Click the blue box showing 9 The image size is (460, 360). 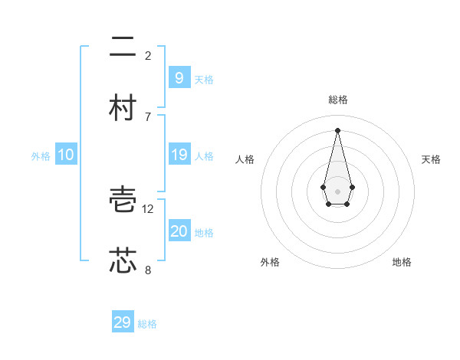[x=179, y=77]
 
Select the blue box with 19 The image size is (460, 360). [x=179, y=155]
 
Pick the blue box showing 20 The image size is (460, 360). [x=179, y=231]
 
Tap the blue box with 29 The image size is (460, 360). [x=123, y=322]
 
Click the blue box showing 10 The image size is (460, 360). [x=66, y=155]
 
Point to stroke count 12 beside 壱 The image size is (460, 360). [x=149, y=208]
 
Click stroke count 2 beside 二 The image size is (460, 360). [x=148, y=55]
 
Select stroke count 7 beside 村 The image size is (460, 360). [x=148, y=116]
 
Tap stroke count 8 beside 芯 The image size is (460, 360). [x=148, y=270]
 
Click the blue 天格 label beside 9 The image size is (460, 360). [x=204, y=79]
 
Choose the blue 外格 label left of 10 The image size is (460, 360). [x=41, y=156]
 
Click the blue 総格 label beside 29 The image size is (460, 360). [x=147, y=324]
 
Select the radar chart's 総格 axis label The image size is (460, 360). [x=337, y=100]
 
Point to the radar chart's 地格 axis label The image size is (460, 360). [x=402, y=262]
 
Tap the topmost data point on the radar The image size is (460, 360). [x=337, y=130]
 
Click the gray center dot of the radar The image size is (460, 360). [x=337, y=191]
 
